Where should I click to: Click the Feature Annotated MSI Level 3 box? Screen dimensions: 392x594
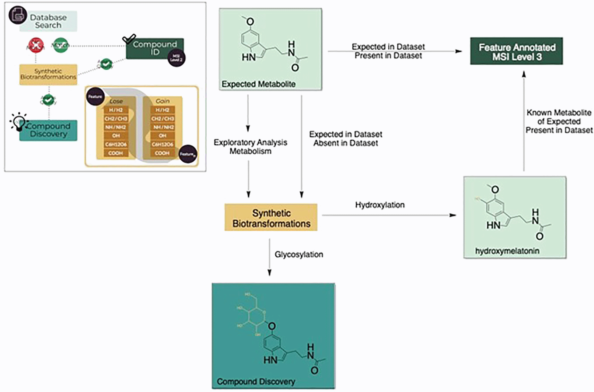pos(516,51)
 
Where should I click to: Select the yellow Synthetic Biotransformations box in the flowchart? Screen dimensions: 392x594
pos(271,218)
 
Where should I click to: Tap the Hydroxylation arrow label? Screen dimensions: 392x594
pos(380,205)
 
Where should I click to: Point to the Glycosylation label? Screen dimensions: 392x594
pos(299,255)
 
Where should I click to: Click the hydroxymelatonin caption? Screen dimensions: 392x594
pos(507,251)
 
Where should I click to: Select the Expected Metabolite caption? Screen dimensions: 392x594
pos(258,84)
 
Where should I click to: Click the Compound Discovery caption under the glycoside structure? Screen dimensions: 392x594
pos(256,382)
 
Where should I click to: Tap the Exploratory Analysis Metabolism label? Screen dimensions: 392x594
pos(250,147)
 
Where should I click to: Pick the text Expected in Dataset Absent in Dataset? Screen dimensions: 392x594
pos(345,138)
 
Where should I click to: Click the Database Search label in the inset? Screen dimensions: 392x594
pos(48,21)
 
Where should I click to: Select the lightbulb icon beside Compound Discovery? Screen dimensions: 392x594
pos(18,121)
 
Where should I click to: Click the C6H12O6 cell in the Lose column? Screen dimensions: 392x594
pos(116,144)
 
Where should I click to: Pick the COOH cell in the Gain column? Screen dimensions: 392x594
pos(162,153)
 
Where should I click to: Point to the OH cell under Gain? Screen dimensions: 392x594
pos(162,136)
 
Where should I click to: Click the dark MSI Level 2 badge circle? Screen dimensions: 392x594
pos(177,58)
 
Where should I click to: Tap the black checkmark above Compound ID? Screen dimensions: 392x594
pos(129,39)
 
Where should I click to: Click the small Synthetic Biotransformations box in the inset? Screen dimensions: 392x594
pos(48,74)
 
